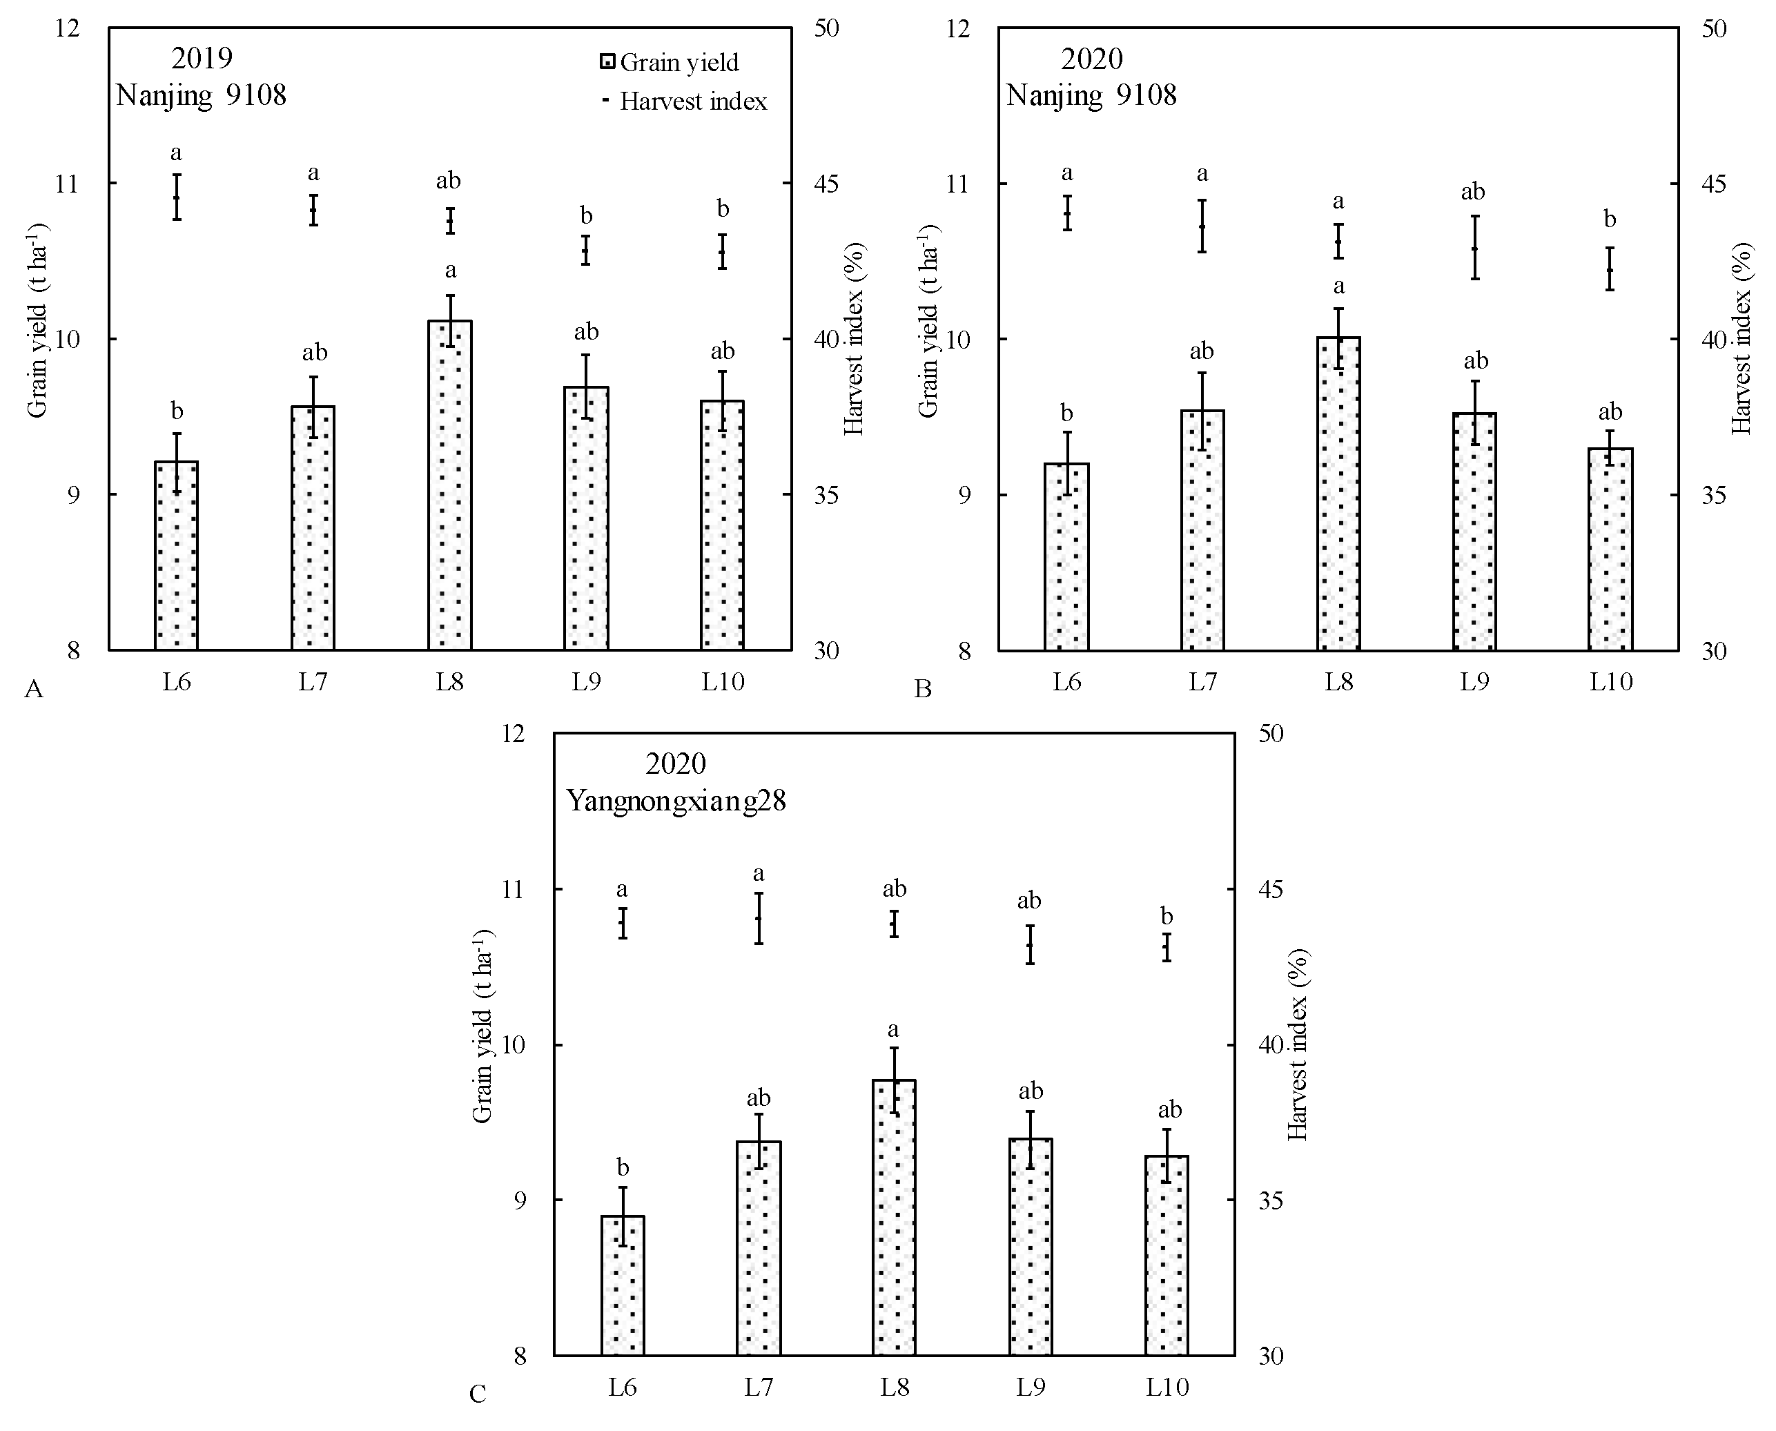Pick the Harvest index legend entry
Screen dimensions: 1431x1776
[684, 101]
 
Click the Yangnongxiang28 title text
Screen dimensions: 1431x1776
[676, 801]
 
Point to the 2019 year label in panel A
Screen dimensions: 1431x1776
[202, 58]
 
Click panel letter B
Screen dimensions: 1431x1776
[922, 690]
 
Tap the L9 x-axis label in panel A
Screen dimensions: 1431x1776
[586, 683]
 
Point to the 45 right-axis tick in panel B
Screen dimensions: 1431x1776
[1713, 184]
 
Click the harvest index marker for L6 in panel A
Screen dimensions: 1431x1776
[177, 197]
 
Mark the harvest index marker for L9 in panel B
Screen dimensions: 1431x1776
[1474, 248]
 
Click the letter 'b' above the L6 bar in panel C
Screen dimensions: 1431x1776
[623, 1167]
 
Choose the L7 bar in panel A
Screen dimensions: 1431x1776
[313, 528]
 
